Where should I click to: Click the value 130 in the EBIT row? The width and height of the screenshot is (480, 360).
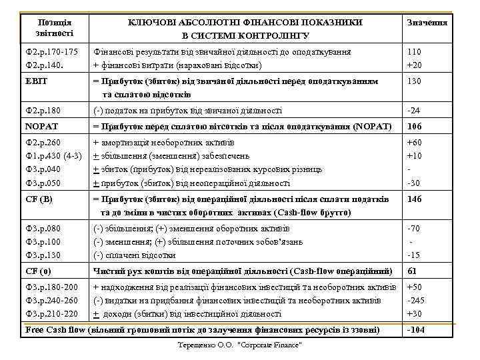click(x=415, y=81)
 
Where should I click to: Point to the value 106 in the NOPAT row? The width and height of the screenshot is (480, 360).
click(x=415, y=126)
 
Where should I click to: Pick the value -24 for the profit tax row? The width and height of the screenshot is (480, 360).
click(x=414, y=110)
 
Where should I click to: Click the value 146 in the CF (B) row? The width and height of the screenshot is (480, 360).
click(x=415, y=199)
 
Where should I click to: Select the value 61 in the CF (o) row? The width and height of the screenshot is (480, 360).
click(x=412, y=271)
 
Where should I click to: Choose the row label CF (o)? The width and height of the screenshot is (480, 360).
click(x=37, y=271)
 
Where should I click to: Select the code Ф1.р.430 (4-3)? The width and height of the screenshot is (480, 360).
click(x=53, y=156)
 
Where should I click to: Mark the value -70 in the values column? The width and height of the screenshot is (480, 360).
click(x=415, y=229)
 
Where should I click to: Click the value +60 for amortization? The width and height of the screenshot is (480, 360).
click(x=415, y=143)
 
